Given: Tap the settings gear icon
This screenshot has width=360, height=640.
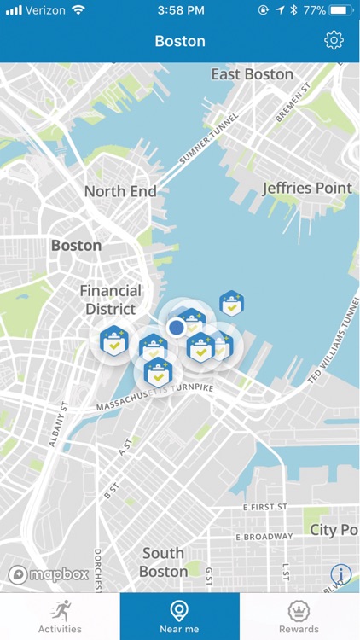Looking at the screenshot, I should (334, 40).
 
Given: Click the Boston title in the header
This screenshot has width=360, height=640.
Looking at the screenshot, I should (180, 41).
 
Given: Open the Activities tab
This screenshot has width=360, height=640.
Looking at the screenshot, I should (60, 616).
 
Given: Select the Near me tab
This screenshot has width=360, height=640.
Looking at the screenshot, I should (179, 616).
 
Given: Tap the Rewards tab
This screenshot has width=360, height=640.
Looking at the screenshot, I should (299, 616).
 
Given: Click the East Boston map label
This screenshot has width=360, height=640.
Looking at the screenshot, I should (253, 74).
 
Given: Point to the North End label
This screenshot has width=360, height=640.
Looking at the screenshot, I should (120, 191).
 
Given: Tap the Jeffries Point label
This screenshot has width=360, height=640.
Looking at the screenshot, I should (307, 188).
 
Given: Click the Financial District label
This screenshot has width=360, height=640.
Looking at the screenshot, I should (111, 300).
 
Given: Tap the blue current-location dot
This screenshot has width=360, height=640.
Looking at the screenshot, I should (177, 327).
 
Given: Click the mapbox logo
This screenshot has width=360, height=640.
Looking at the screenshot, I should (49, 574).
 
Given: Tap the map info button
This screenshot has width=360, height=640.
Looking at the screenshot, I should (340, 574).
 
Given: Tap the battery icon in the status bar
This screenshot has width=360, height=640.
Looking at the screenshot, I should (340, 10).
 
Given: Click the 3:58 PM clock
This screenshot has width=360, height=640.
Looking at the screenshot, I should (179, 10).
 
